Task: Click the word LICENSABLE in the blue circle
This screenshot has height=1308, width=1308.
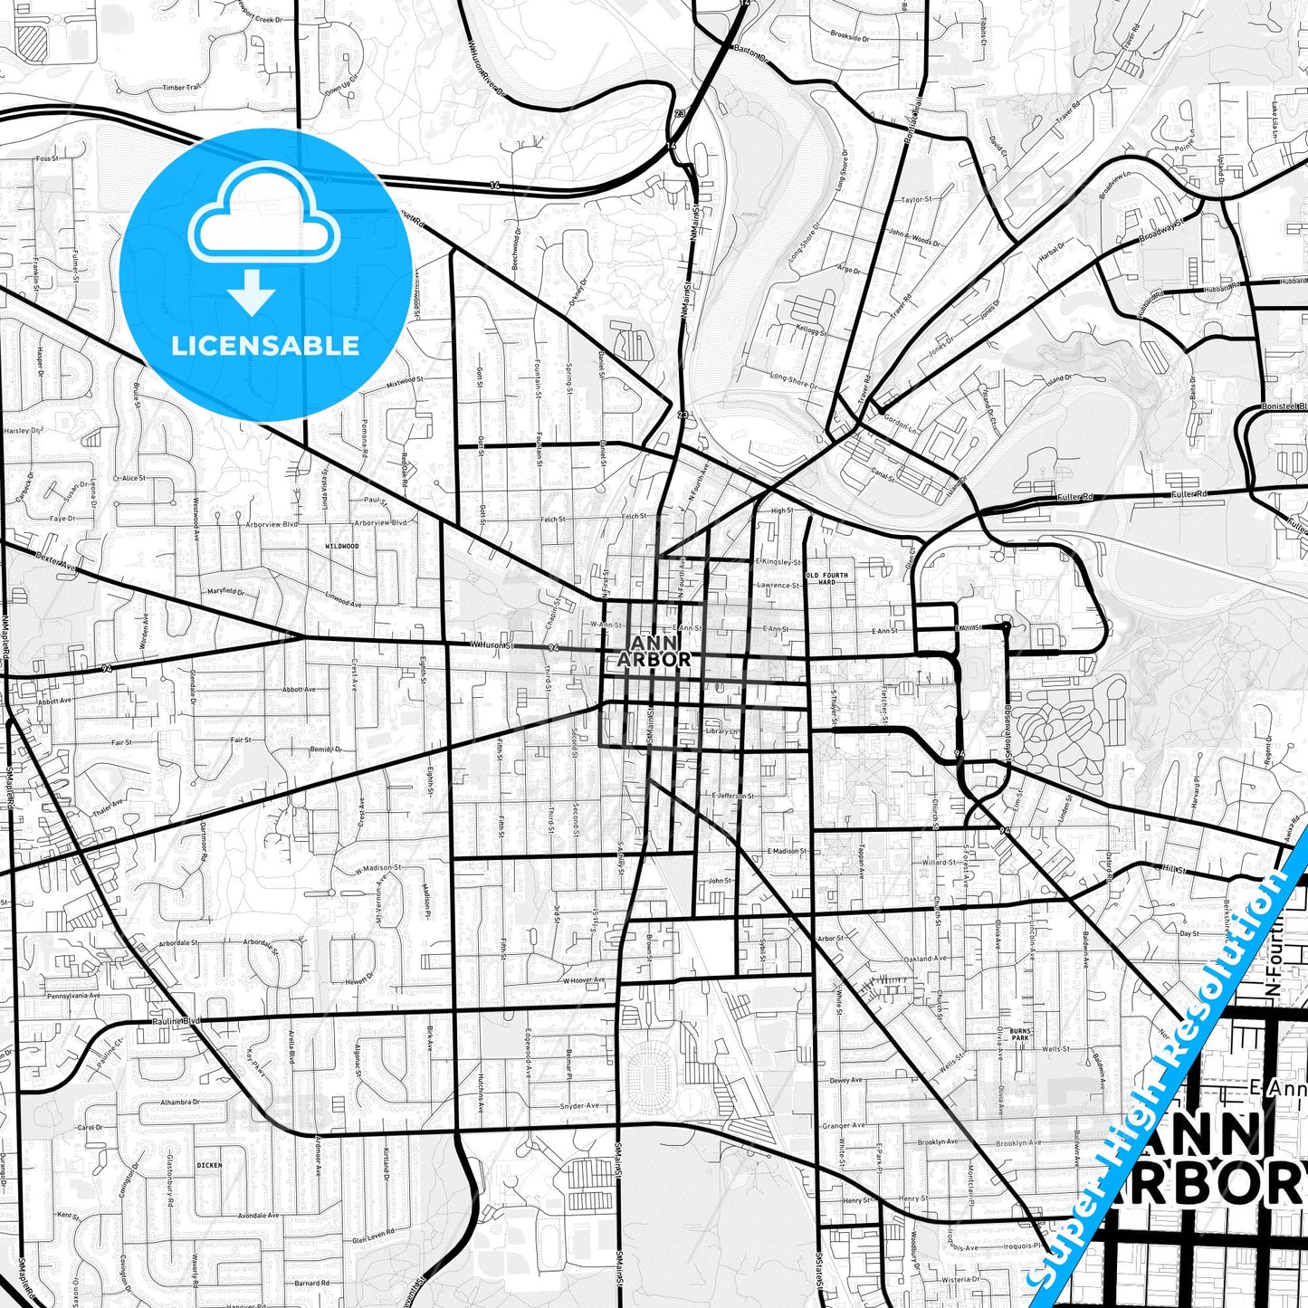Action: point(265,346)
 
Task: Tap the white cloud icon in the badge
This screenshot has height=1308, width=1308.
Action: point(264,223)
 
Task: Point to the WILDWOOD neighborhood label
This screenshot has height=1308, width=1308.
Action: point(342,547)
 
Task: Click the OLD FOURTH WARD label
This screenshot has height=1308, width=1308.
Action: point(826,578)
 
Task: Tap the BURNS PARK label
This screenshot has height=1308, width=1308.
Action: point(1020,1034)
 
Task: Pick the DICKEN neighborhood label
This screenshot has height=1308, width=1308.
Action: point(209,1165)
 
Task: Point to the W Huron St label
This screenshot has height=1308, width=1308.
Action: point(492,645)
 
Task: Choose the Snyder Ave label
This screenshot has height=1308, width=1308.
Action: point(579,1106)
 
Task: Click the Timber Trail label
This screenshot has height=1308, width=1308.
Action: point(181,88)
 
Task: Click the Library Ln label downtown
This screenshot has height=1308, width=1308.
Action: point(721,731)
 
